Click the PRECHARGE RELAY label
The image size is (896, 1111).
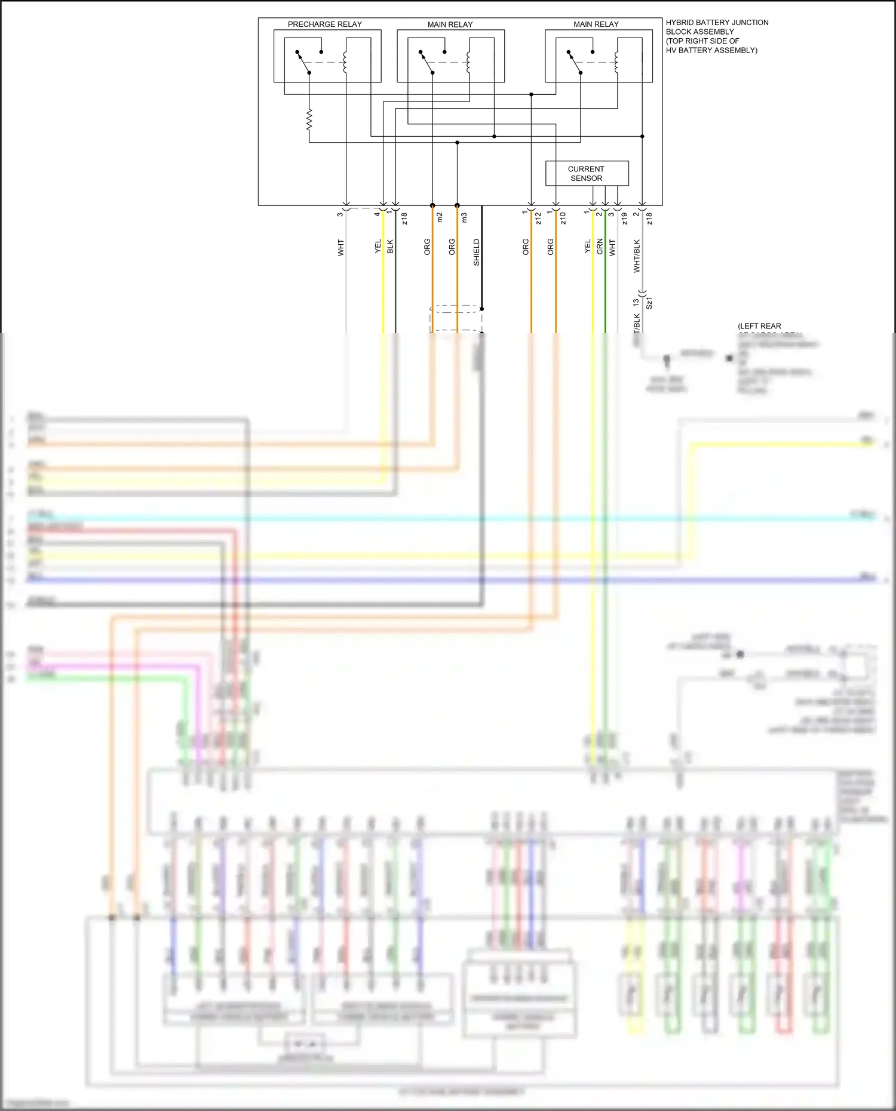[x=324, y=24]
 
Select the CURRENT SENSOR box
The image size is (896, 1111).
[x=587, y=173]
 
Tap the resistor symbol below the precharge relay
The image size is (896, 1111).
[x=309, y=119]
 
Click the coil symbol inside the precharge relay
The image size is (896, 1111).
[x=345, y=63]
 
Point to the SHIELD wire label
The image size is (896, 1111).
[x=476, y=252]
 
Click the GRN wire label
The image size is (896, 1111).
[x=600, y=247]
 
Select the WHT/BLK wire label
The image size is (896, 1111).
[x=637, y=256]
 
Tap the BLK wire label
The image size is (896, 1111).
[x=390, y=247]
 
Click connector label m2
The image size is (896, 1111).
[x=440, y=217]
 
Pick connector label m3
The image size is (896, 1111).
[x=464, y=217]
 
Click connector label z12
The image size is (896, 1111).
[x=538, y=218]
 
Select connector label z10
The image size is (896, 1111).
[x=563, y=218]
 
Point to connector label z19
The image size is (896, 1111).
[x=625, y=218]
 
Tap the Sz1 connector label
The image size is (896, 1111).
[x=649, y=302]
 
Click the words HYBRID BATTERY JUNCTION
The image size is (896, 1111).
[x=717, y=23]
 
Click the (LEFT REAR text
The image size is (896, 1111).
[x=759, y=326]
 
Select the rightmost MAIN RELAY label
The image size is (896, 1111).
[x=596, y=24]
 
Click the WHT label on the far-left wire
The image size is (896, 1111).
[x=341, y=248]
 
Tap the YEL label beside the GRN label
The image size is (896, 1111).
[x=587, y=246]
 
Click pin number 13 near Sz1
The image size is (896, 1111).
[x=636, y=303]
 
